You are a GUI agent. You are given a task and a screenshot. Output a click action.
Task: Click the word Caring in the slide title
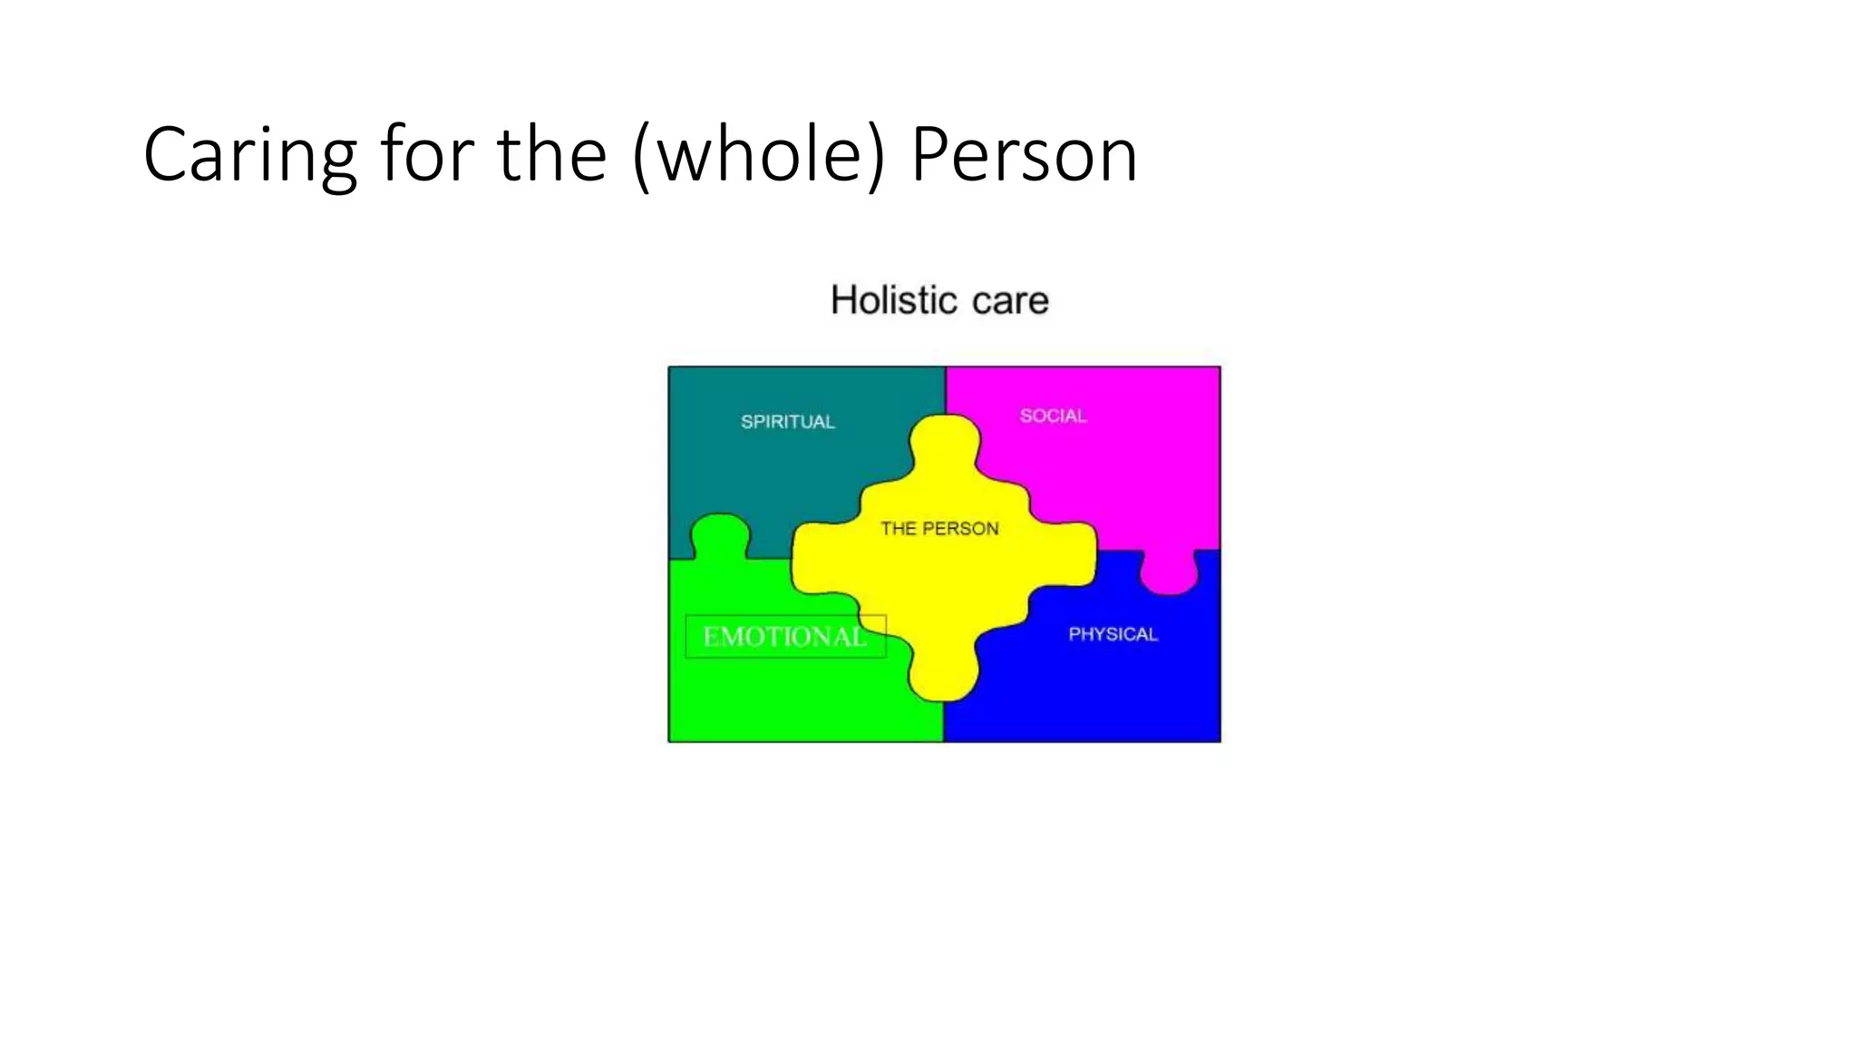(x=249, y=156)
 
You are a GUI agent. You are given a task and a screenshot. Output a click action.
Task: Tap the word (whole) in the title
(x=758, y=156)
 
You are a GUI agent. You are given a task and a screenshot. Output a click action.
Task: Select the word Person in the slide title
(x=1024, y=156)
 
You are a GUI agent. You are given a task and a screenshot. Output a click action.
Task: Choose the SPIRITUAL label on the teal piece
(x=787, y=422)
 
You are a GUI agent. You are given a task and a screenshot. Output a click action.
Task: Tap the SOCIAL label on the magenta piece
(x=1053, y=416)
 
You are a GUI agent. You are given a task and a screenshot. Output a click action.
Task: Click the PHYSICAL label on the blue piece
(x=1113, y=634)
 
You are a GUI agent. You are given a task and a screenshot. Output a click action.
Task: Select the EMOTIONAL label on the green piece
(x=784, y=636)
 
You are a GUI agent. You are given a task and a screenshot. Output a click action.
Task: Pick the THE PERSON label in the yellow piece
(x=939, y=529)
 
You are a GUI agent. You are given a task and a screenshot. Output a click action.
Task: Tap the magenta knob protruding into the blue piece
(x=1170, y=573)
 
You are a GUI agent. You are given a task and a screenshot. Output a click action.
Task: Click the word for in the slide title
(x=426, y=156)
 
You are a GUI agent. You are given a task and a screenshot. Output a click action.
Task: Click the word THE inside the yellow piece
(x=898, y=529)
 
